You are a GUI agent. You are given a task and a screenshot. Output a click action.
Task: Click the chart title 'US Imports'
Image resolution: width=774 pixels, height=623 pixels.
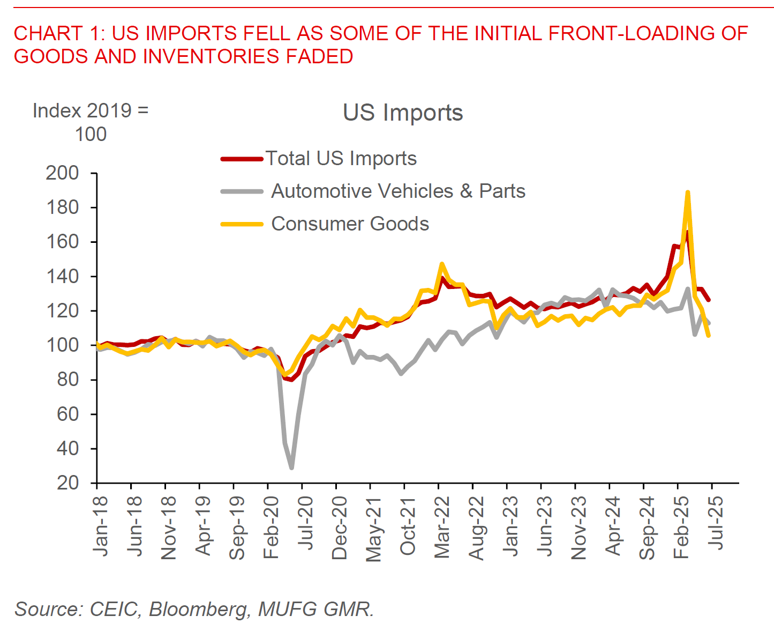tap(403, 113)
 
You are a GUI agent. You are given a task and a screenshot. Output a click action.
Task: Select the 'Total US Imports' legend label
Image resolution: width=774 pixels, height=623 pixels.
tap(341, 158)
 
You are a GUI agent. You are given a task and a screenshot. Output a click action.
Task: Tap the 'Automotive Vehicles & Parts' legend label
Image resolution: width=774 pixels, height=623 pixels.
tap(398, 191)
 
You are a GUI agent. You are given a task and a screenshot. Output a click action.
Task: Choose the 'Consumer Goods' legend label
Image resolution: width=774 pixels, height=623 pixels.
tap(350, 224)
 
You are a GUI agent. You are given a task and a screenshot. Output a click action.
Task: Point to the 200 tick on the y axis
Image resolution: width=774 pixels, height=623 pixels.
tap(62, 173)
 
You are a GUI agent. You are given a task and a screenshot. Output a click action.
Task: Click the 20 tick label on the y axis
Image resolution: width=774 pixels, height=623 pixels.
tap(67, 483)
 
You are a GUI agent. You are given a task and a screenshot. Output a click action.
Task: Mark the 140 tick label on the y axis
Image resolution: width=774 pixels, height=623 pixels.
tap(62, 276)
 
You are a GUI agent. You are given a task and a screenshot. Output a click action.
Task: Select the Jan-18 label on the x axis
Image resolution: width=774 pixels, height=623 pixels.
tap(100, 525)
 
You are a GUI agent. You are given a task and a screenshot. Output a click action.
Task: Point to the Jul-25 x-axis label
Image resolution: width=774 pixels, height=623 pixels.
tap(716, 522)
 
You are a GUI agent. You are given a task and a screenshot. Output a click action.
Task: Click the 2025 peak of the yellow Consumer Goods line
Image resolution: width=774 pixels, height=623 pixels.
tap(687, 192)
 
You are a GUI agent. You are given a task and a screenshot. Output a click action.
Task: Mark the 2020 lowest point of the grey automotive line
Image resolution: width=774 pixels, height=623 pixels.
tap(291, 468)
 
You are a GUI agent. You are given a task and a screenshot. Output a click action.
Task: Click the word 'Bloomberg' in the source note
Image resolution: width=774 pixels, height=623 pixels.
tap(198, 609)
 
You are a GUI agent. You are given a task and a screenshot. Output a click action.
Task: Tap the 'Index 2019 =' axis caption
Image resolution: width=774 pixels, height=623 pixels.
tap(91, 110)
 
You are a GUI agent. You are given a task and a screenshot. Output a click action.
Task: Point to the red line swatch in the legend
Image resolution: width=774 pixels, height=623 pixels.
tap(242, 159)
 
